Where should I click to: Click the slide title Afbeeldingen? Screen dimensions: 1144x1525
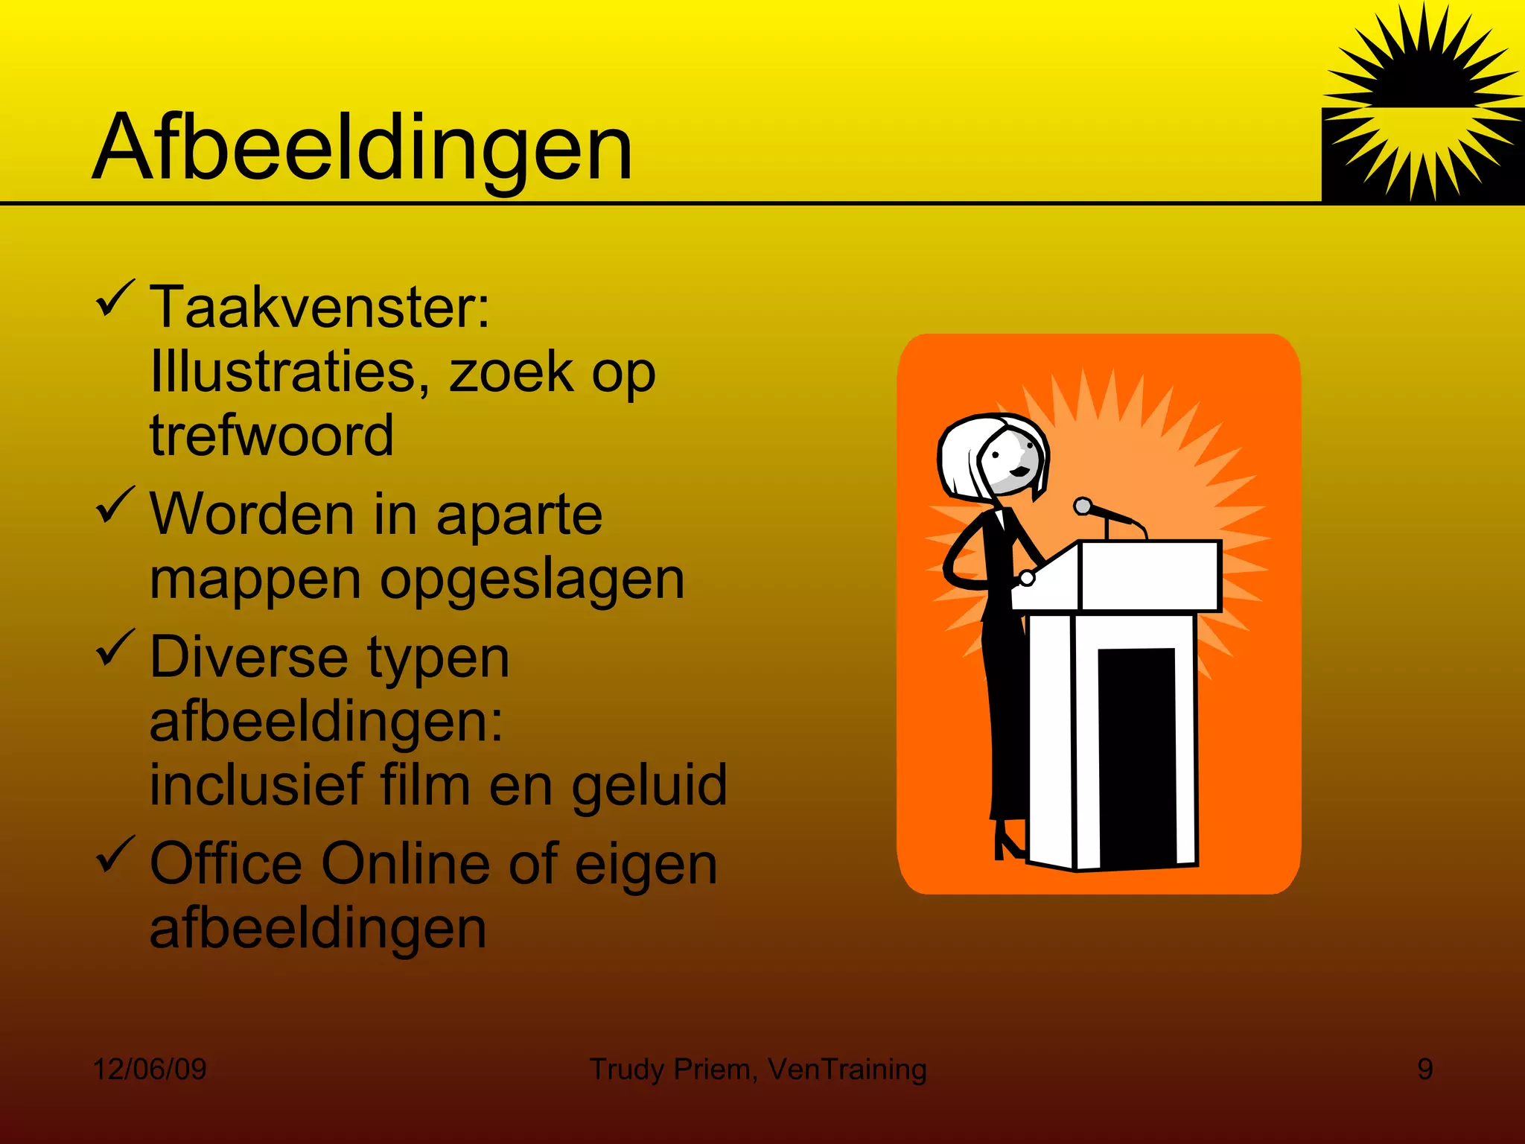tap(362, 147)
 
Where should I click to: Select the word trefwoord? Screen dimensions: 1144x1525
tap(271, 435)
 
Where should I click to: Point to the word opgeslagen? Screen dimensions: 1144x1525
tap(532, 579)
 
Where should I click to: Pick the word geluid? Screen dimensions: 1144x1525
tap(649, 785)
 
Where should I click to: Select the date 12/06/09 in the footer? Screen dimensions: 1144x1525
tap(150, 1069)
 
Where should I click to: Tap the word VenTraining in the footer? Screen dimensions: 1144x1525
tap(847, 1069)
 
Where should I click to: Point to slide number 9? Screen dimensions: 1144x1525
tap(1424, 1069)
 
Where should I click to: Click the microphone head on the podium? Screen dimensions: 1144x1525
tap(1083, 507)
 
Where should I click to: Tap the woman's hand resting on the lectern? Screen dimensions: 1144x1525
tap(1027, 577)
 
